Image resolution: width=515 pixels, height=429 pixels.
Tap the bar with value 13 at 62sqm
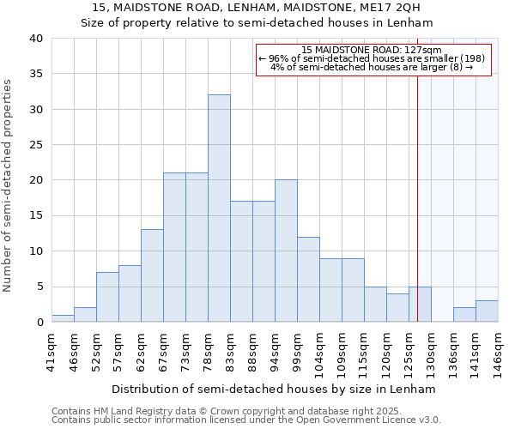click(x=152, y=275)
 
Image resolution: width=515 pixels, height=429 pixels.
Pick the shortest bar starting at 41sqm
click(x=63, y=318)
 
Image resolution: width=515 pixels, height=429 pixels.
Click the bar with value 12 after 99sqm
click(x=308, y=279)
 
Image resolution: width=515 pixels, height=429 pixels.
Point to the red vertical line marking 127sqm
click(x=417, y=197)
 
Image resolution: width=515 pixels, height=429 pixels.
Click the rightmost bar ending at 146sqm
click(x=487, y=311)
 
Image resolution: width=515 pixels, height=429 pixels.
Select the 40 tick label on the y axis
click(x=35, y=39)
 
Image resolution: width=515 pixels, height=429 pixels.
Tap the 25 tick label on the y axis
click(x=35, y=145)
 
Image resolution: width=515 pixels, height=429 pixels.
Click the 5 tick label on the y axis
click(x=39, y=287)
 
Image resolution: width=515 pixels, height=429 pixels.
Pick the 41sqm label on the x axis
click(x=51, y=348)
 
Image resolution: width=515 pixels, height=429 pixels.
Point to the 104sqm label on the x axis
click(x=319, y=351)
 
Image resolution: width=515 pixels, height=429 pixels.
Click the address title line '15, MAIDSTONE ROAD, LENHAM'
click(x=257, y=9)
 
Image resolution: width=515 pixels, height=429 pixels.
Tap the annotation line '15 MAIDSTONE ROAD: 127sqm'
click(x=372, y=51)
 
